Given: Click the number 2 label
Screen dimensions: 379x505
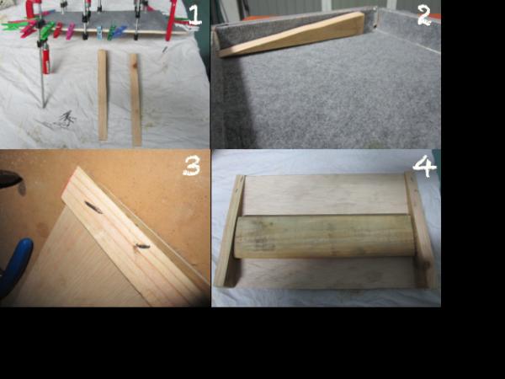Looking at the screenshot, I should tap(424, 14).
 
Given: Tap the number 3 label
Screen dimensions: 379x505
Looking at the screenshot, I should tap(192, 167).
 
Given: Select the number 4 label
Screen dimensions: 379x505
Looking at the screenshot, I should tap(424, 166).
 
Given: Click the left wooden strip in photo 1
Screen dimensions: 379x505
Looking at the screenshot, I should tap(103, 94).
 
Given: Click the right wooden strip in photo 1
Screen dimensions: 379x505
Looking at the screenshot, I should tap(135, 99).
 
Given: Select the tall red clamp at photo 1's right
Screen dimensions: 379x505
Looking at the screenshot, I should tap(171, 21).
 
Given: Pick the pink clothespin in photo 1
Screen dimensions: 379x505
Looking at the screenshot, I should tap(70, 31).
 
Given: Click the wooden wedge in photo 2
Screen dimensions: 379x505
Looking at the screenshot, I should tap(295, 36).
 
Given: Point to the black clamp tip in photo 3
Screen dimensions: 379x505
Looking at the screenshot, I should tap(8, 179).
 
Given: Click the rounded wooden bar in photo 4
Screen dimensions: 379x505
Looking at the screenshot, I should tap(324, 236).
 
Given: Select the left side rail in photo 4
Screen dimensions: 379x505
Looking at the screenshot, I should tap(229, 232).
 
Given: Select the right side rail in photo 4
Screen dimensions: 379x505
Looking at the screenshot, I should tap(420, 229).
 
